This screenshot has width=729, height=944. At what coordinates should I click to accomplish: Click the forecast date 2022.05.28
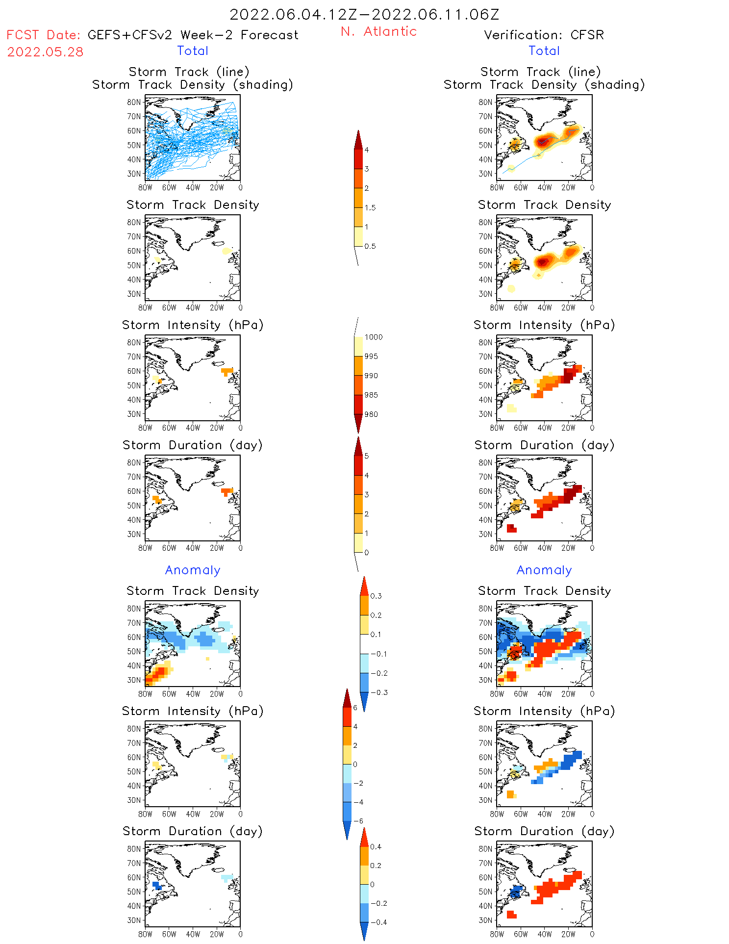point(45,52)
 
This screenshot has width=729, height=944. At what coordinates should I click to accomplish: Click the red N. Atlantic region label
point(378,31)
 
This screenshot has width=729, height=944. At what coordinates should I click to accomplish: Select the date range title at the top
point(364,14)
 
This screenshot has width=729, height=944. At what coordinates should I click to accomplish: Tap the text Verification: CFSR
point(544,35)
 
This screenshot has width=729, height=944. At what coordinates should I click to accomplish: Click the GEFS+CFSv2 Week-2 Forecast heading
point(193,35)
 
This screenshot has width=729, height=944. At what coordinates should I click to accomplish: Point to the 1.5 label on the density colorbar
point(370,207)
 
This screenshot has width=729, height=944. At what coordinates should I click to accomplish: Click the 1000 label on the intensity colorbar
point(373,337)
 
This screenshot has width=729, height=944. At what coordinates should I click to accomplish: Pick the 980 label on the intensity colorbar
point(371,414)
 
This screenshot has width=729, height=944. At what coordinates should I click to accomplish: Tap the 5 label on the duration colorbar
point(367,456)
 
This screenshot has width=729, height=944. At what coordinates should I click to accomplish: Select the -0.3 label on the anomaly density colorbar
point(378,692)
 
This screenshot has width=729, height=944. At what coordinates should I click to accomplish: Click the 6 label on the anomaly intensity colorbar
point(355,708)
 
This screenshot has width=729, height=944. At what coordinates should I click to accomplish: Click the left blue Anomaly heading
point(193,570)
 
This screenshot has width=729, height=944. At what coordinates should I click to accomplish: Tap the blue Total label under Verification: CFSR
point(544,51)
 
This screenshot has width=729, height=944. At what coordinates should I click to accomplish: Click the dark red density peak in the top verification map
point(541,142)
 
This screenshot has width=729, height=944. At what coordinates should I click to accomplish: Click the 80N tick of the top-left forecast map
point(133,102)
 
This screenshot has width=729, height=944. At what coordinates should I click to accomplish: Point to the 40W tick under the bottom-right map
point(544,934)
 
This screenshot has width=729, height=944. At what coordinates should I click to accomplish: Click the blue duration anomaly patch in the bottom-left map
point(157,886)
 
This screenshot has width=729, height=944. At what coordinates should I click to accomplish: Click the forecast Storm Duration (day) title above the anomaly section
point(193,445)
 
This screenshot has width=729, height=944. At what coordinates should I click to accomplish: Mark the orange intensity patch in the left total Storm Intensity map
point(226,371)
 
